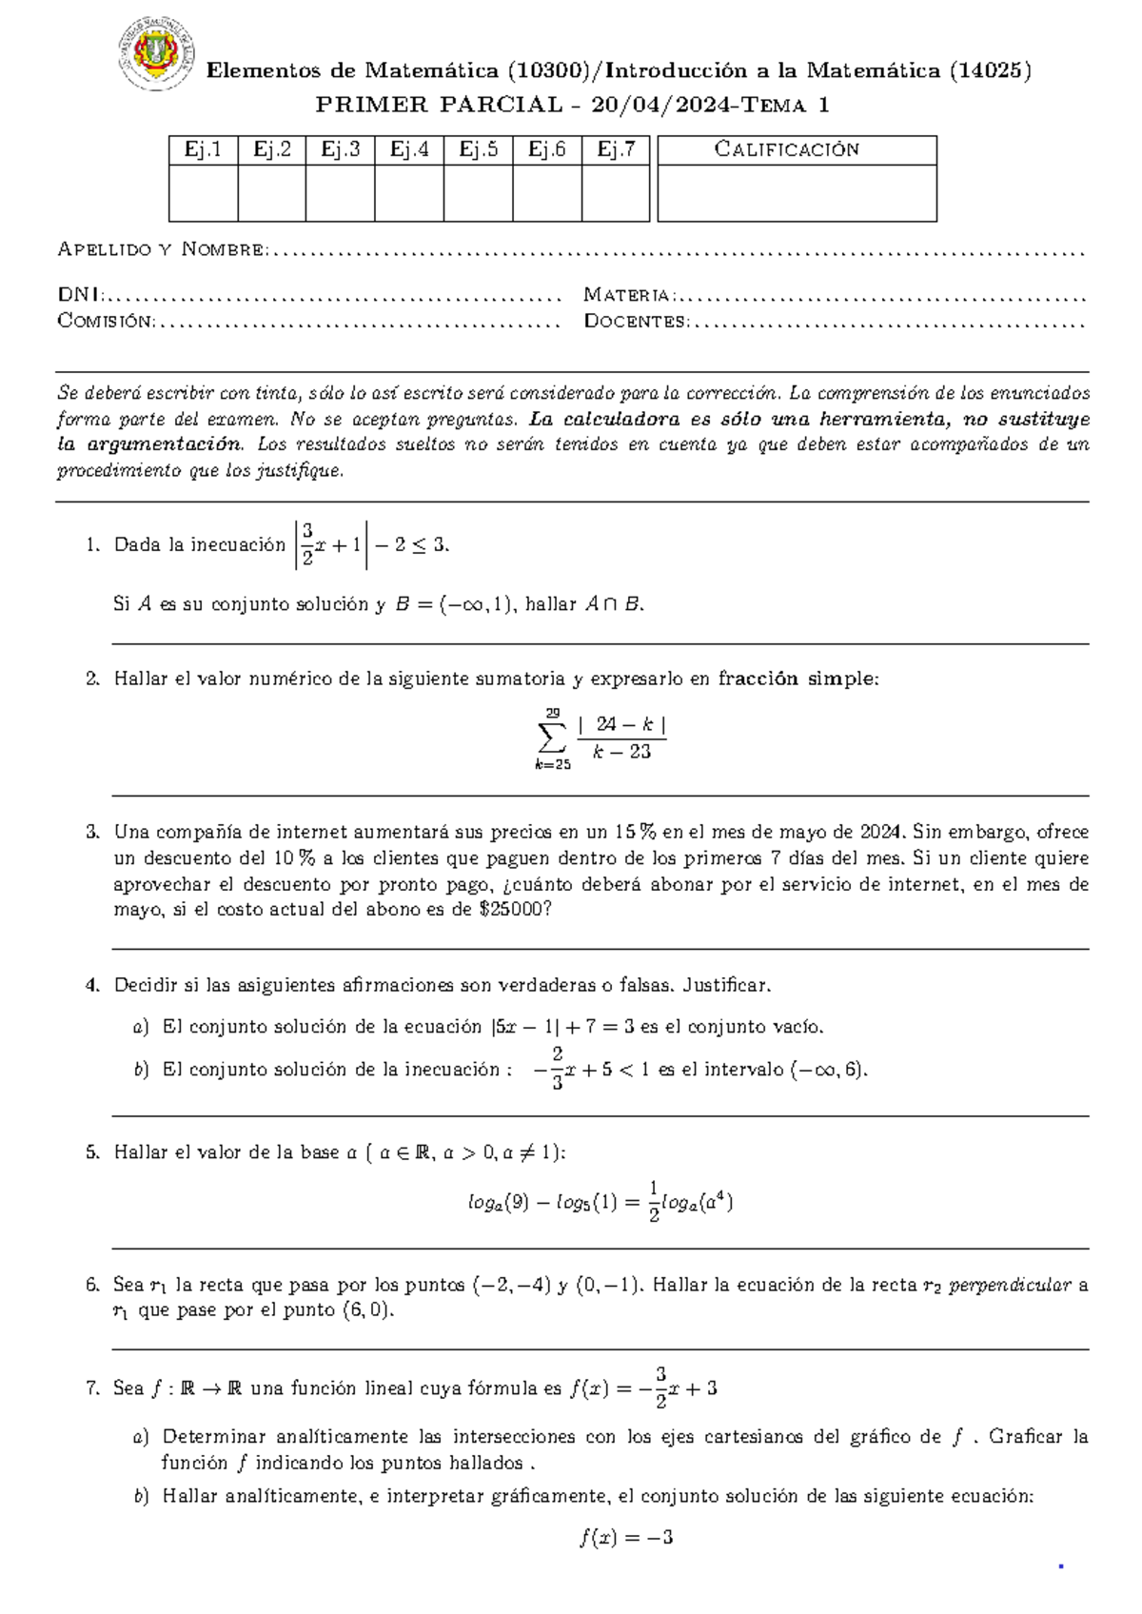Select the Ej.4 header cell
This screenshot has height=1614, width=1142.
click(409, 149)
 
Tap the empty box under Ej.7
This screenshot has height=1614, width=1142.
click(616, 193)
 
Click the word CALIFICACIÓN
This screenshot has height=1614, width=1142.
click(787, 149)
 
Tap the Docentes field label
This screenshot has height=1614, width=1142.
click(636, 322)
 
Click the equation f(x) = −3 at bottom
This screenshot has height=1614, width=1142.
click(626, 1538)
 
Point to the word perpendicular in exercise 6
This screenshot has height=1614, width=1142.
click(1011, 1286)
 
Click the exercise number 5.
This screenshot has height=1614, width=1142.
click(92, 1153)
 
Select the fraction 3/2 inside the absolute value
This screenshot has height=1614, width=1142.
click(307, 545)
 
